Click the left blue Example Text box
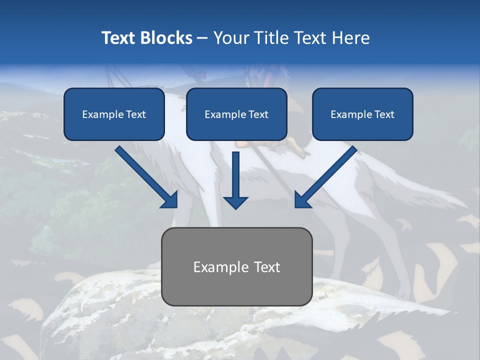(114, 114)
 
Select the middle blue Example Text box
(236, 114)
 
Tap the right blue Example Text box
(362, 114)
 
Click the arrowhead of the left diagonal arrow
(170, 200)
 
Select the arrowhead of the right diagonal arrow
(302, 200)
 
